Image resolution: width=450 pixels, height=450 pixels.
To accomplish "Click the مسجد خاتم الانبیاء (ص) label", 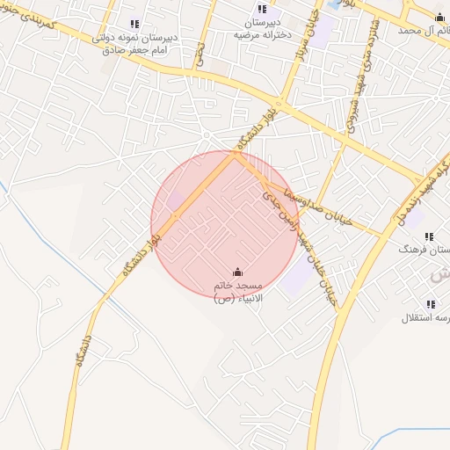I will point(237,293).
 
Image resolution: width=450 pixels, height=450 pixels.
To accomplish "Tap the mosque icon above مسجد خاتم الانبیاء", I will point(237,272).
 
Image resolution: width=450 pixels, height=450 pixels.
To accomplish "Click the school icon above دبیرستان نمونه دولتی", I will point(134,25).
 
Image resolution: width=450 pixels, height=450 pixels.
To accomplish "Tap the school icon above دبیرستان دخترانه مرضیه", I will point(262,10).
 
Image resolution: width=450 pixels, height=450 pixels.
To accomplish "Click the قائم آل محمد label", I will point(421,30).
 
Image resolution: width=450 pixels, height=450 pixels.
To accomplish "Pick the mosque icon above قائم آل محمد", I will point(439,17).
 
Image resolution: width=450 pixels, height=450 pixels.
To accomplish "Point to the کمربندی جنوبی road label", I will point(40,21).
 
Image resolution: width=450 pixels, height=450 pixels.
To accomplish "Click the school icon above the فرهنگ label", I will point(429,237).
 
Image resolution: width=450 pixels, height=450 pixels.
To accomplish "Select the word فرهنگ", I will point(431,250).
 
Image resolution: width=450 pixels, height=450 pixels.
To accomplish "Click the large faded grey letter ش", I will point(439,274).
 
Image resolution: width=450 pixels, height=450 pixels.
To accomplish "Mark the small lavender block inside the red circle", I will point(177,200).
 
